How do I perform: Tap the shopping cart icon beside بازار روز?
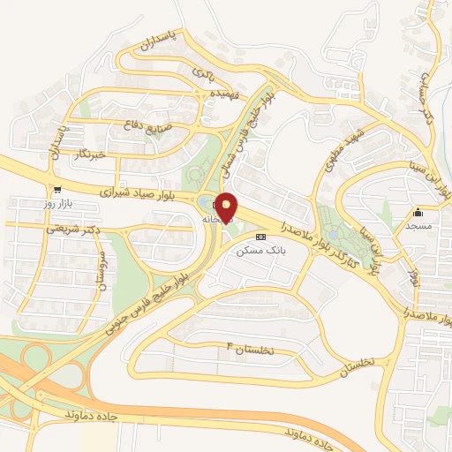tap(57, 189)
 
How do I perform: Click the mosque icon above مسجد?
tap(418, 212)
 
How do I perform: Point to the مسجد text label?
tap(418, 226)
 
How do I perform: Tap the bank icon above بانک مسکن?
tap(260, 237)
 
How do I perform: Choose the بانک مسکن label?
tap(259, 251)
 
